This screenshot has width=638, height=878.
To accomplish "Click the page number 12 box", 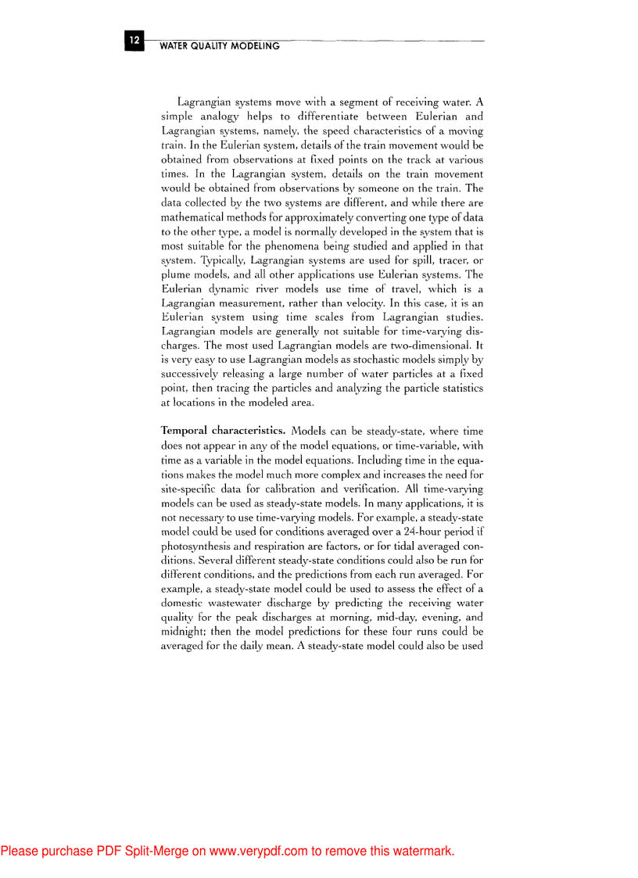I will click(x=134, y=40).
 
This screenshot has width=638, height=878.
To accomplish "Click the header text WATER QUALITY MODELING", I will click(x=219, y=46).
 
